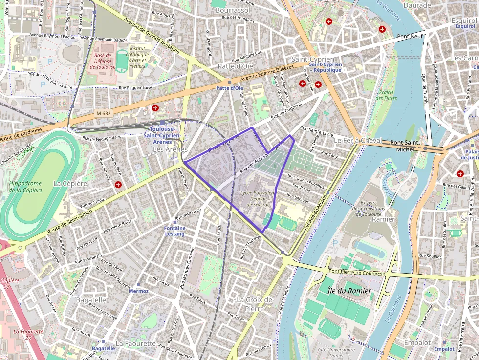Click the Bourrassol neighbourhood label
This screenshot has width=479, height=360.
click(x=233, y=10)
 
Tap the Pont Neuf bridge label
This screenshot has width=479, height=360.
click(x=410, y=36)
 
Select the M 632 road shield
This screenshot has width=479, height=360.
click(x=104, y=113)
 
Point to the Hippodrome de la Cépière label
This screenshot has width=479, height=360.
click(x=25, y=187)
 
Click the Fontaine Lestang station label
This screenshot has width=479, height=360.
click(x=174, y=231)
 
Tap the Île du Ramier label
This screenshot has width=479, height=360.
click(x=343, y=291)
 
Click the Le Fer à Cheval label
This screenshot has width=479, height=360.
click(x=357, y=140)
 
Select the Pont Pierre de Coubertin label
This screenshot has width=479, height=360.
click(x=357, y=272)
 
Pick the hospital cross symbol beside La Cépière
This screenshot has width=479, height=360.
click(x=118, y=185)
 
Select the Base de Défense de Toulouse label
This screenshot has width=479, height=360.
click(x=103, y=61)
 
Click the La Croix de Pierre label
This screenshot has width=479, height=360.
click(x=254, y=304)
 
